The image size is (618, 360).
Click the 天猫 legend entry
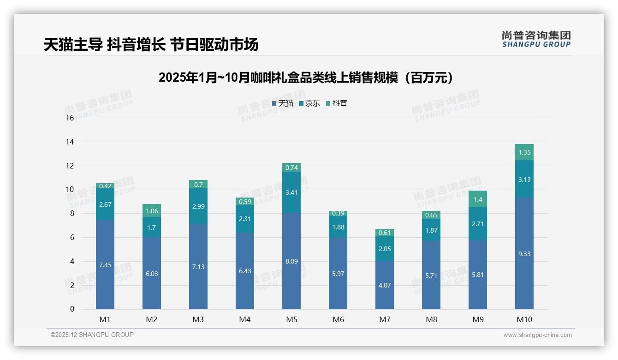click(x=283, y=103)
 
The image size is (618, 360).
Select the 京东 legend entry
click(x=309, y=103)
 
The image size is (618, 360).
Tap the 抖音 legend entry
click(x=337, y=103)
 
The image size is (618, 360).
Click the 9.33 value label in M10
click(x=524, y=254)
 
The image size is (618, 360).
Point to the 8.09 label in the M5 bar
click(x=291, y=261)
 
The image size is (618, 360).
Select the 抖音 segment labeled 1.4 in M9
click(x=478, y=199)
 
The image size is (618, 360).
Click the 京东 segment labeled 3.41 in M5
click(x=291, y=192)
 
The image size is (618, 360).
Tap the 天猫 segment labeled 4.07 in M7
click(x=385, y=285)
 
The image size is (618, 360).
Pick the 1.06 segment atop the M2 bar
click(x=152, y=211)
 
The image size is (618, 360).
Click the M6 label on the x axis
click(x=338, y=320)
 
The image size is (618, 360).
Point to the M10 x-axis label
click(x=524, y=320)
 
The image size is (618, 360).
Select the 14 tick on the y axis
click(x=70, y=142)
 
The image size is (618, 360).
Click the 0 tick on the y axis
click(x=72, y=309)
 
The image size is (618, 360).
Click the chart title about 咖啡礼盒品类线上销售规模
click(x=305, y=78)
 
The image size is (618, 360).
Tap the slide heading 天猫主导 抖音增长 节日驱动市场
click(x=151, y=45)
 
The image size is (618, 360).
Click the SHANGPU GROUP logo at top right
click(x=536, y=39)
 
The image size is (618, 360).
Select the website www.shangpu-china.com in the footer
click(x=537, y=335)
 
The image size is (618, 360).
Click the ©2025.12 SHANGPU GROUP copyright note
click(x=92, y=335)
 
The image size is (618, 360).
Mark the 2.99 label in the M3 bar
click(x=198, y=206)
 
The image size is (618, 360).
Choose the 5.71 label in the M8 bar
click(x=431, y=275)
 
